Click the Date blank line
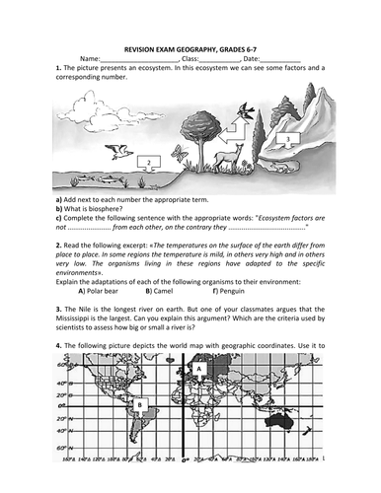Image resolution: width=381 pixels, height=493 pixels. pos(281,60)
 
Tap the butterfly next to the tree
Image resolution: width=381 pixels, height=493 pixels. pos(178,152)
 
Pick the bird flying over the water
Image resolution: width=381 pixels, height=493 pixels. pos(120,150)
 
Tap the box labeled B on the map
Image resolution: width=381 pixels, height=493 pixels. pos(141,404)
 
